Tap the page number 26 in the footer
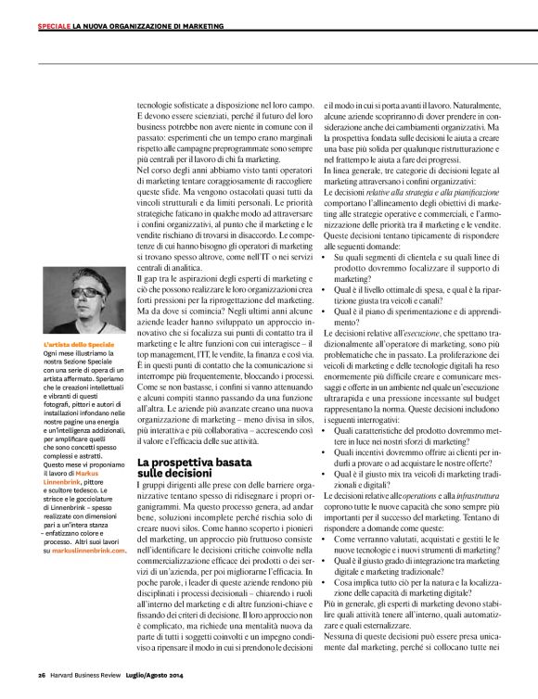tap(42, 674)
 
